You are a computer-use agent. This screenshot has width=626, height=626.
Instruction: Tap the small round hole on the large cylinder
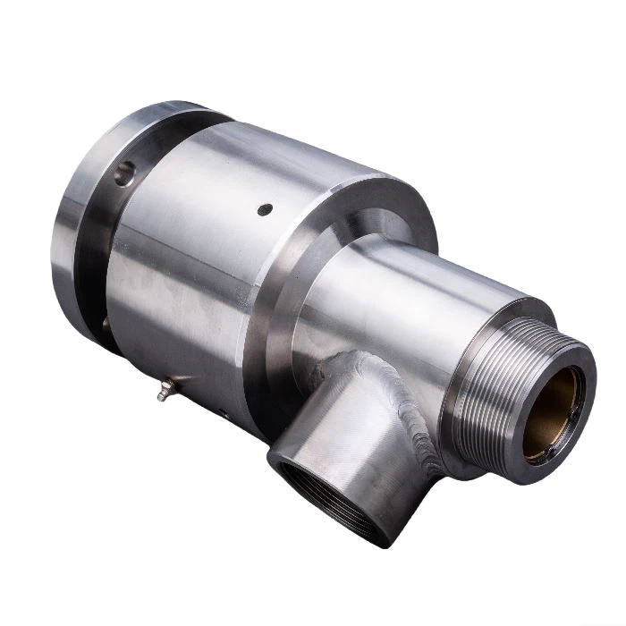pyautogui.click(x=264, y=210)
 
